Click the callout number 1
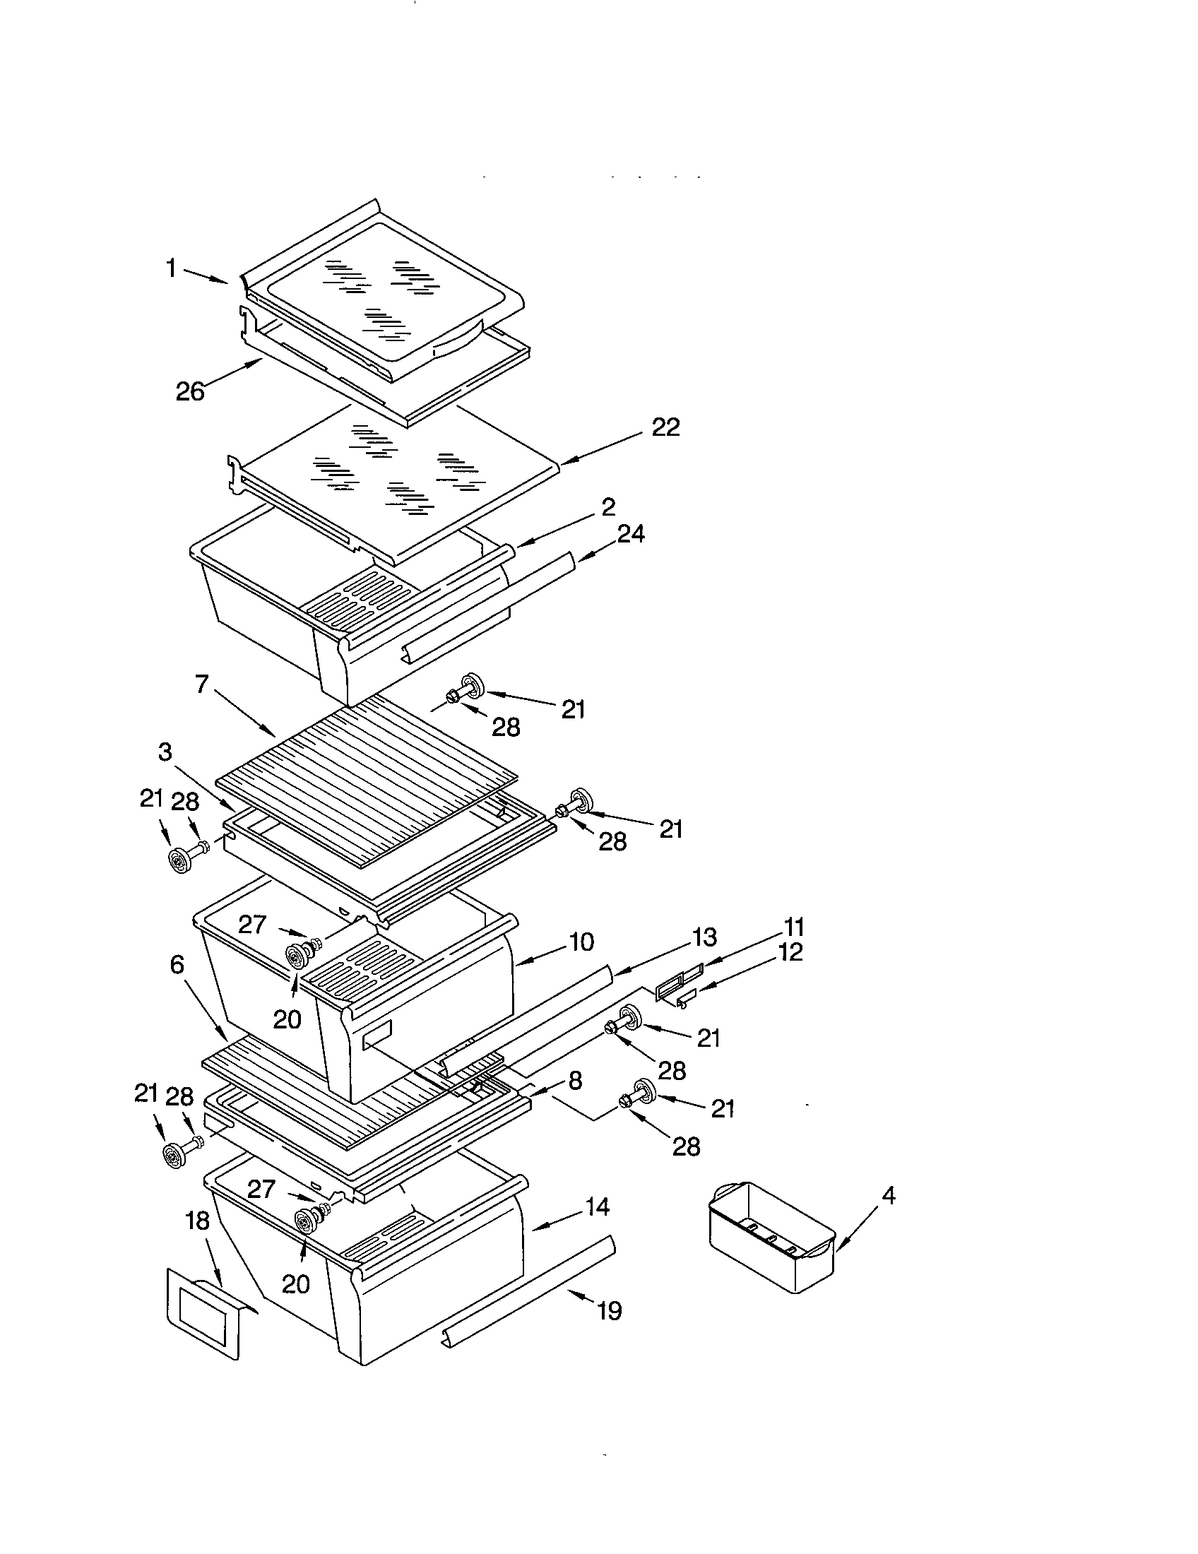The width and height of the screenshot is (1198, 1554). pos(171,268)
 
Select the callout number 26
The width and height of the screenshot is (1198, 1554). pos(190,391)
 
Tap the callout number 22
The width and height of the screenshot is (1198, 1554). pos(665,427)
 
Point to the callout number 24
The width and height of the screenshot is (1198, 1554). pos(630,533)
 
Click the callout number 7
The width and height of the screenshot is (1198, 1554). pos(201,684)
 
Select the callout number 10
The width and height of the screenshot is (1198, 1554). pos(581,942)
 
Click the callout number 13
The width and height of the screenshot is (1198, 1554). pos(704,938)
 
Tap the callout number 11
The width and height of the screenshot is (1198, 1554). pos(794,927)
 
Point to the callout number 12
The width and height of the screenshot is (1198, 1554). pos(790,952)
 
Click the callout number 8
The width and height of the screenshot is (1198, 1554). pos(575,1081)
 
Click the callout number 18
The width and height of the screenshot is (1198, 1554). pos(197,1221)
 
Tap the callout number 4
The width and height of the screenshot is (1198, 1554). pos(888,1195)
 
